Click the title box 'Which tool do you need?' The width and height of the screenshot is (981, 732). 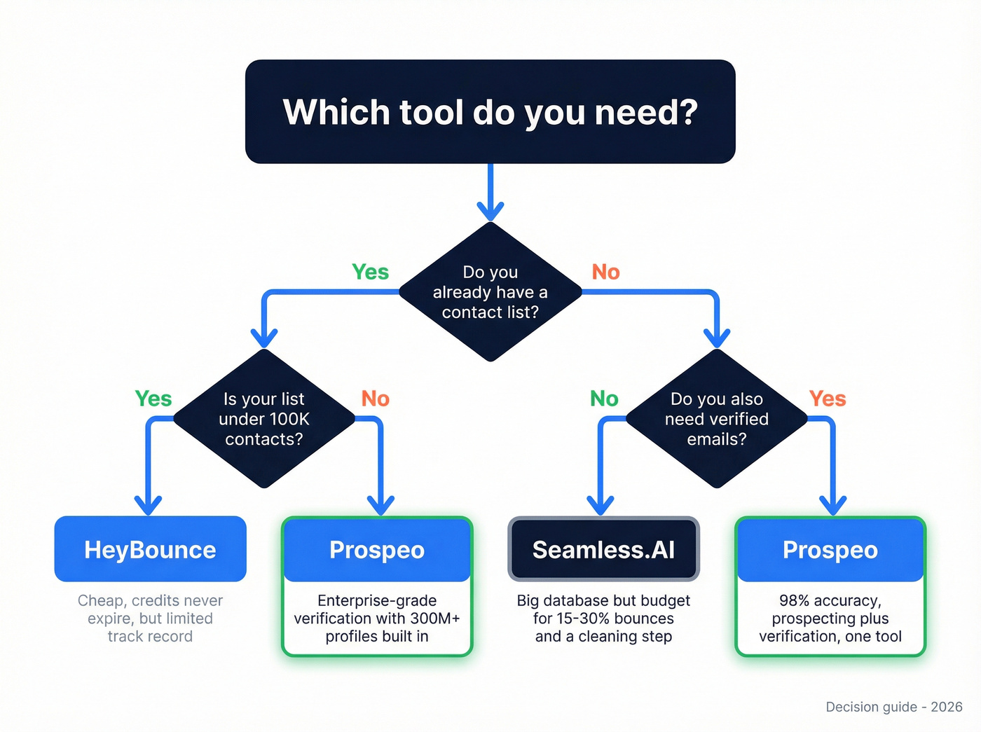pos(490,112)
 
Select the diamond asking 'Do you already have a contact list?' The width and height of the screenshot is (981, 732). pos(490,292)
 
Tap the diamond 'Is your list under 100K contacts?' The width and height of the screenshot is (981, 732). pos(263,419)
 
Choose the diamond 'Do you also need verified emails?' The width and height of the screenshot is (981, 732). pos(716,419)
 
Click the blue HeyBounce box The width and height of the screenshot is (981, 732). pos(150,549)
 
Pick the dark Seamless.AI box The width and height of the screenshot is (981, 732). pos(603,549)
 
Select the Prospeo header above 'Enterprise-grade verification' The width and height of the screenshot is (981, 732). pos(377,550)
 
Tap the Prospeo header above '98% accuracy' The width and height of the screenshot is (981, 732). pos(830,550)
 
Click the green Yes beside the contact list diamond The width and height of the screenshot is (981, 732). pos(370,272)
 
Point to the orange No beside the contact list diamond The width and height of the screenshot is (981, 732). pos(605,272)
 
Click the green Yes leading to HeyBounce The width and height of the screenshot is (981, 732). pos(153,399)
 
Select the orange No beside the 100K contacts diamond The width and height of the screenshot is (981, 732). pos(375,399)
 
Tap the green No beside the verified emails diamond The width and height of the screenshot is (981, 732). pos(603,399)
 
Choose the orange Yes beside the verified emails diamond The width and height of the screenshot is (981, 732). pos(827,399)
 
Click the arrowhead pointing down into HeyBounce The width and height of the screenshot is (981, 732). pos(148,506)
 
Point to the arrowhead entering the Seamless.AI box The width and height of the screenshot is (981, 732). pos(601,506)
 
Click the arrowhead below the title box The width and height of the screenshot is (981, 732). pos(490,211)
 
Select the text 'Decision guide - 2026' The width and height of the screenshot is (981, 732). pos(893,707)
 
